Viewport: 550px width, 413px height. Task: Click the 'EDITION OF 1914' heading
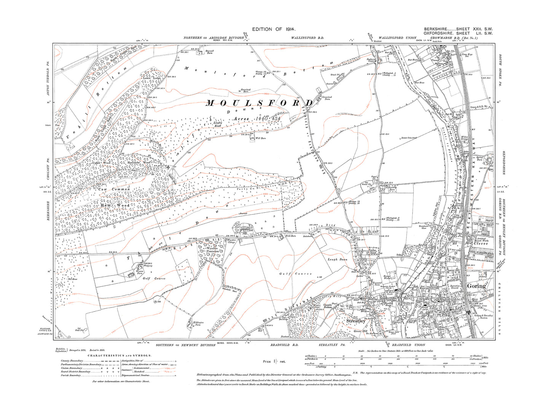(x=274, y=29)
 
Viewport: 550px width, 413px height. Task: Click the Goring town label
(x=476, y=286)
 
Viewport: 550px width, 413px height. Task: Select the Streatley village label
(x=356, y=321)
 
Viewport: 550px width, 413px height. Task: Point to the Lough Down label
(x=338, y=259)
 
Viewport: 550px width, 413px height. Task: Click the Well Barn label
(x=260, y=138)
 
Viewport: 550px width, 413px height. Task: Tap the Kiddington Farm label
(x=197, y=323)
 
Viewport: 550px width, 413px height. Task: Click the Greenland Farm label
(x=327, y=98)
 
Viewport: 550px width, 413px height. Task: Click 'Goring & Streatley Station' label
(x=483, y=316)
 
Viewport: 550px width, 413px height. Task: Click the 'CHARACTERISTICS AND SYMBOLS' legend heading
(x=120, y=356)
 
